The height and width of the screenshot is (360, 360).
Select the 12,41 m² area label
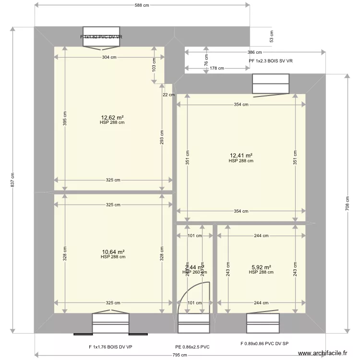241,156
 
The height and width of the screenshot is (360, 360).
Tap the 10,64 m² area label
113,252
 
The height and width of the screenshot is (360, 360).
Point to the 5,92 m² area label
261,267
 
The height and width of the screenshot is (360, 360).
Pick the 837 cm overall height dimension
12,180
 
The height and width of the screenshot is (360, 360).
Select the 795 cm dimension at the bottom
180,355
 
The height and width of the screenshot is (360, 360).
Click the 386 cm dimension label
254,52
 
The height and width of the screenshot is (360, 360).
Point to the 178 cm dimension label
216,68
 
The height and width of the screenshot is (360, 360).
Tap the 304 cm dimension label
109,57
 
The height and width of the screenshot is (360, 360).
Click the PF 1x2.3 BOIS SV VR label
271,61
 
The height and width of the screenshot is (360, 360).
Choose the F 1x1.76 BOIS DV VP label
110,347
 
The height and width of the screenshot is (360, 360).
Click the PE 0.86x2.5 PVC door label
192,347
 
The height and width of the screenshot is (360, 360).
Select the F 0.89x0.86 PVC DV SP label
264,344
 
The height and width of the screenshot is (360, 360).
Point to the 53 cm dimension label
271,37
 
